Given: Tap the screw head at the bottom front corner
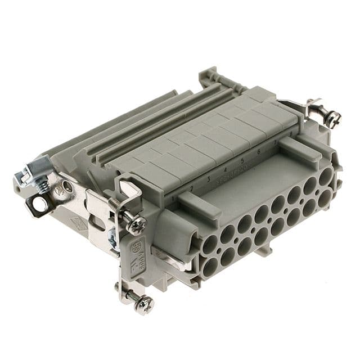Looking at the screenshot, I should click(145, 304).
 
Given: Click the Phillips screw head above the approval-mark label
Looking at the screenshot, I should click(137, 225).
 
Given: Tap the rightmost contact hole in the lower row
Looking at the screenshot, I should click(325, 199).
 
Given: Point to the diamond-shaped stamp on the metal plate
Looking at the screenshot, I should click(78, 225).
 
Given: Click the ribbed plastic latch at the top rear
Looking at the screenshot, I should click(211, 78).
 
